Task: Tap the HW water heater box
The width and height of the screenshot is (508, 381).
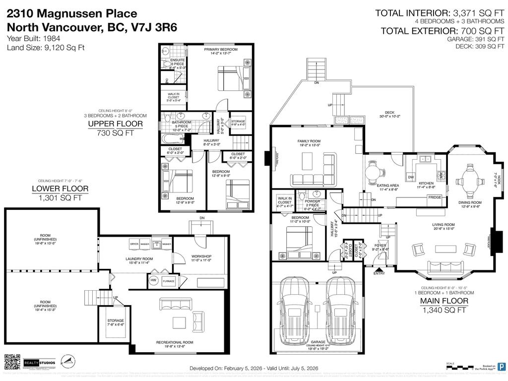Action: pos(153,281)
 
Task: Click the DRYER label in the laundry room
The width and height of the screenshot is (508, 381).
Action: pos(134,244)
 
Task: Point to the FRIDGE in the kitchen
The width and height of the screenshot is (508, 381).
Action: pos(435,197)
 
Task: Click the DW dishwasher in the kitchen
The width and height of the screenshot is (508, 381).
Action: pos(411,178)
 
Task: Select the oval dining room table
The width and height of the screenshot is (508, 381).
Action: pos(469,175)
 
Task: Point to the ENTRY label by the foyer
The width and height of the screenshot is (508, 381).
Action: pos(379,273)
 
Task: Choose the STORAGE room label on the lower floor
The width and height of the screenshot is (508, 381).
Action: pos(116,320)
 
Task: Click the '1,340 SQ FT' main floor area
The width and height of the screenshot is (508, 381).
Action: pos(444,310)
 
